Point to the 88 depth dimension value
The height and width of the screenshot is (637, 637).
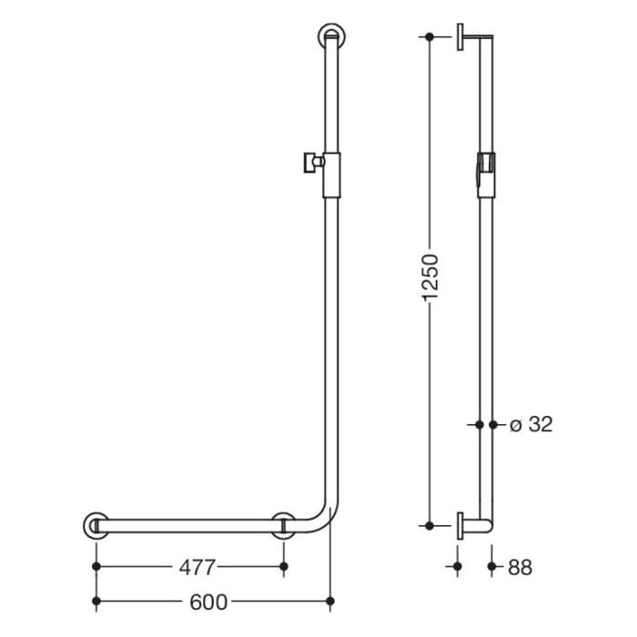tap(521, 567)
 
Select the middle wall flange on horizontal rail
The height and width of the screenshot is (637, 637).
tap(285, 526)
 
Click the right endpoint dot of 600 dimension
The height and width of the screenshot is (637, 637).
tap(331, 601)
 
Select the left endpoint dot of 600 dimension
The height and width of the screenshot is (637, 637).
tap(96, 601)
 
